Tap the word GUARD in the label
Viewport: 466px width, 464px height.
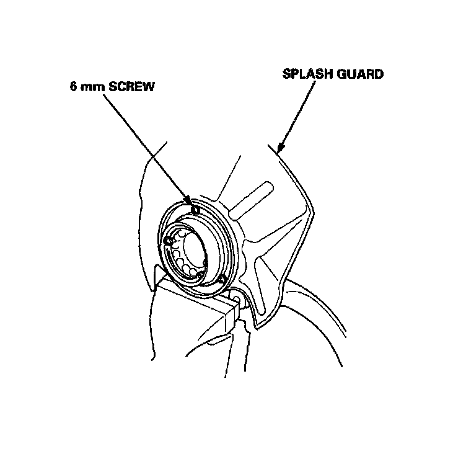(x=361, y=74)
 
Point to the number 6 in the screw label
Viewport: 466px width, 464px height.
(x=73, y=87)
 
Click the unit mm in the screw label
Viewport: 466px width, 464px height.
(x=92, y=87)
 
